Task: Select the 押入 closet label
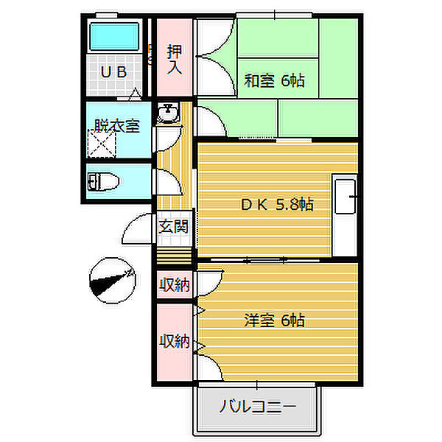(175, 60)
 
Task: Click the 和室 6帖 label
(274, 80)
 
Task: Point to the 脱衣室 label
(116, 126)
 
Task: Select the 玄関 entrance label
(174, 226)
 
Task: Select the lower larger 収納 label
(174, 341)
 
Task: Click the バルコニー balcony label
(258, 407)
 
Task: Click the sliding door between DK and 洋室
(265, 260)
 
